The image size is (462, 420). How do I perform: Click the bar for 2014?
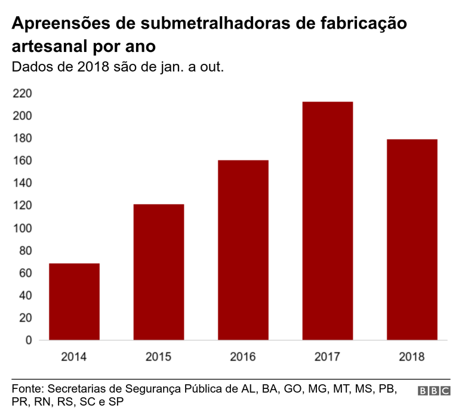(x=74, y=302)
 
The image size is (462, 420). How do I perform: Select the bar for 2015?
(x=158, y=272)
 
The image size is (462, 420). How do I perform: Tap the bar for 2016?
(x=243, y=250)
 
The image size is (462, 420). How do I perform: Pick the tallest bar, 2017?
(x=327, y=221)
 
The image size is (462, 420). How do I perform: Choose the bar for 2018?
(x=412, y=239)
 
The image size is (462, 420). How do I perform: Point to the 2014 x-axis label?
(x=74, y=357)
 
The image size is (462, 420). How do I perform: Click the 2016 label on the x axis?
(x=243, y=357)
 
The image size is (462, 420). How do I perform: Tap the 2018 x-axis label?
(x=412, y=357)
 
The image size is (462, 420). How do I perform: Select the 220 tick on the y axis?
(x=21, y=94)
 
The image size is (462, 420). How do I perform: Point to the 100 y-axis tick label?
(x=21, y=228)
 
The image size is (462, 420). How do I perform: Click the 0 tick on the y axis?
(x=28, y=341)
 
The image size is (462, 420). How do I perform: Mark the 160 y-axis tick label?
(x=21, y=161)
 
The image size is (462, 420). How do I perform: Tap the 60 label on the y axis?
(x=24, y=273)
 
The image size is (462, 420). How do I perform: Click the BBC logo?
(x=434, y=391)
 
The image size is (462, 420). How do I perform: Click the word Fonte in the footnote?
(x=26, y=388)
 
